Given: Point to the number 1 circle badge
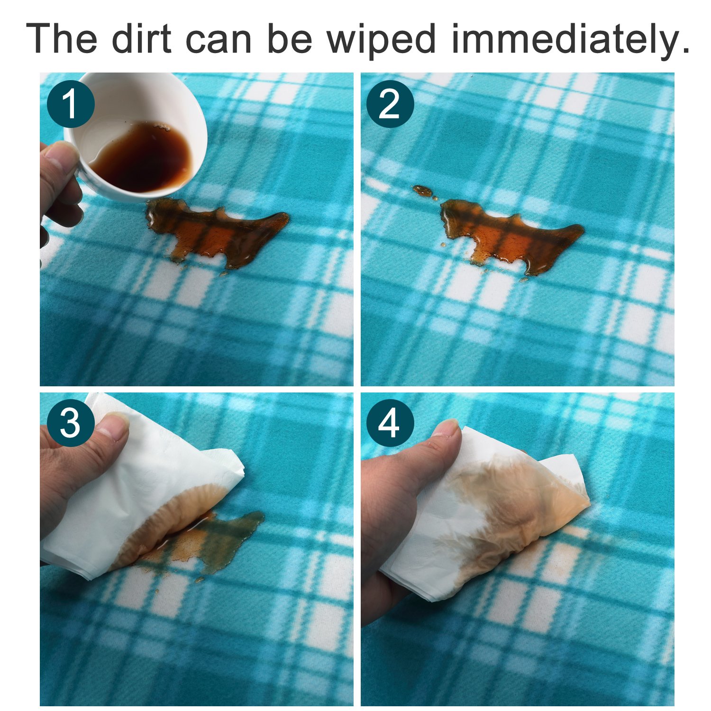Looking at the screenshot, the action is pos(71,104).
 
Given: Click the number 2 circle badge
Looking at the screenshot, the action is pos(390,104).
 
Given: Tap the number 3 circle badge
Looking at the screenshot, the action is pos(71,423).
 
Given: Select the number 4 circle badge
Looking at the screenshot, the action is pos(390,423).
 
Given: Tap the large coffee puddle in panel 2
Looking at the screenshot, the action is pos(512,237).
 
